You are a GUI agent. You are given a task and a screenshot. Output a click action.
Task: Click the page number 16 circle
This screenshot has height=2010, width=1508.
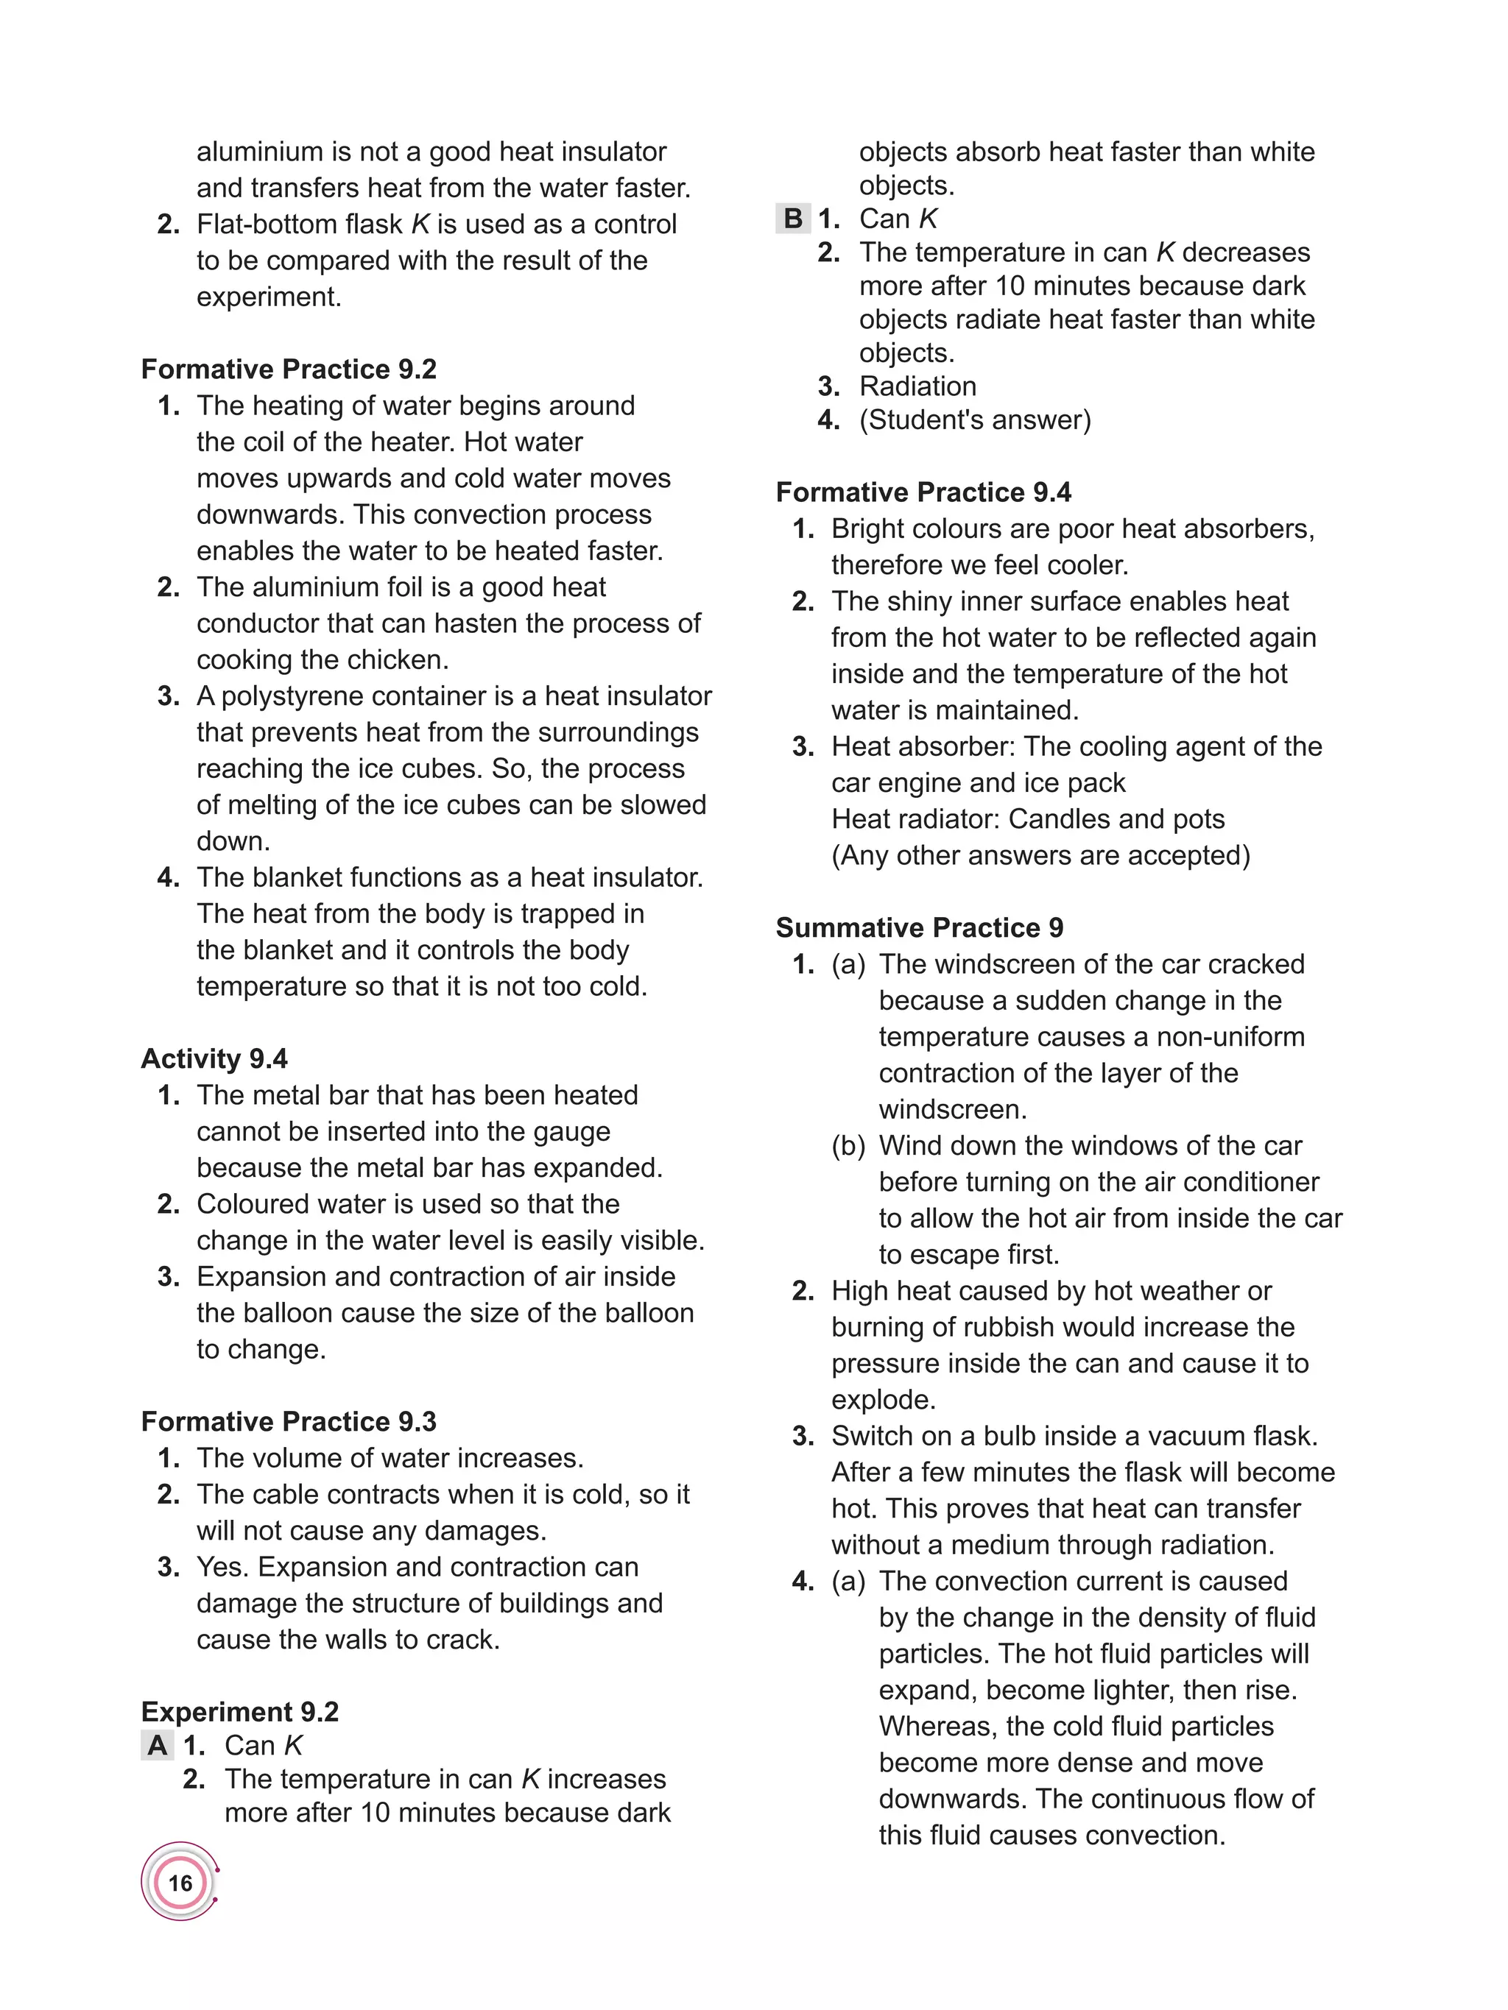coord(180,1882)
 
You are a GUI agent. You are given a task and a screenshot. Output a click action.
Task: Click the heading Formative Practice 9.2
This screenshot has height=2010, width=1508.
coord(288,369)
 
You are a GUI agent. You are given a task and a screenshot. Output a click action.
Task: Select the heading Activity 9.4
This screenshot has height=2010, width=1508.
coord(214,1058)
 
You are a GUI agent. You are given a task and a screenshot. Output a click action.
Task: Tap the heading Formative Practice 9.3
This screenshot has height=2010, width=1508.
coord(288,1421)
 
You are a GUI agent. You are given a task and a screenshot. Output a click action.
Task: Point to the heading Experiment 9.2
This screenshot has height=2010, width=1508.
coord(239,1712)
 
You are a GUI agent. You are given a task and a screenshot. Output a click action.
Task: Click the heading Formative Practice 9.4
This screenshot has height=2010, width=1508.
coord(923,492)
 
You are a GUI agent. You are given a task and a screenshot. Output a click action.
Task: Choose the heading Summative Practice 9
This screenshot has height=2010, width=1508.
coord(919,928)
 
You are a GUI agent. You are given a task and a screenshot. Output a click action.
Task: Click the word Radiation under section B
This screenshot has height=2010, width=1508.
coord(917,386)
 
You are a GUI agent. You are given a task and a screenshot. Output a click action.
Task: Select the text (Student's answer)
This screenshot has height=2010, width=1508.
coord(974,420)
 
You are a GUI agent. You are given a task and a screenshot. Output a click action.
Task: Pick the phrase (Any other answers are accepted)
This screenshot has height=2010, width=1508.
coord(1040,856)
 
